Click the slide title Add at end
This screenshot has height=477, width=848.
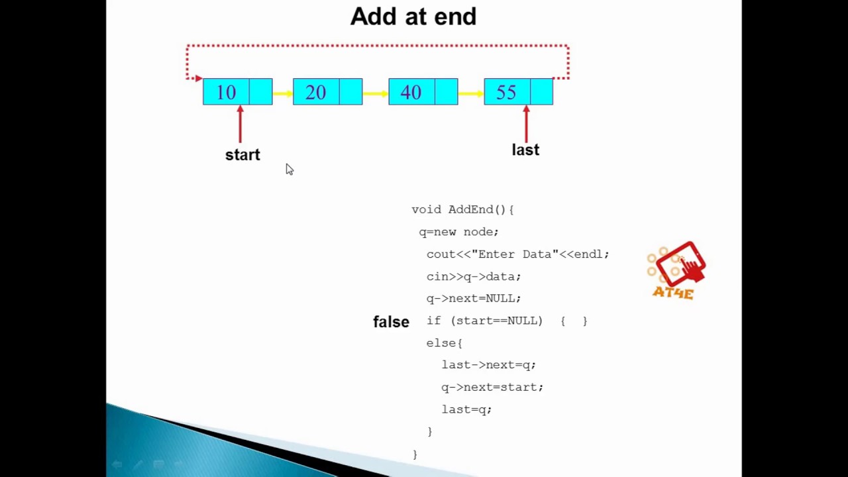point(413,17)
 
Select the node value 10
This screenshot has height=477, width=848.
point(226,92)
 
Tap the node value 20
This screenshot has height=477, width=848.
point(316,92)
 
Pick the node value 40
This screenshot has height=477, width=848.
point(411,92)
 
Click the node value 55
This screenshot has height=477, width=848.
point(506,92)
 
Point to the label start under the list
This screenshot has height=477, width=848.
point(242,155)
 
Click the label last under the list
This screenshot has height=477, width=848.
point(525,150)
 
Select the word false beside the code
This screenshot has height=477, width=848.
point(391,322)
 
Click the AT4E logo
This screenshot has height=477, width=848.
point(676,271)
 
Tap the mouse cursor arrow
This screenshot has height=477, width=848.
point(289,170)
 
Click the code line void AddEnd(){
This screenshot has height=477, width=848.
point(462,209)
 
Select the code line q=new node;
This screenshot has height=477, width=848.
point(458,232)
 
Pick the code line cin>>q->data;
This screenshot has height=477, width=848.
point(474,276)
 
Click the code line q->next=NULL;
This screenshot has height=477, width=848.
point(474,298)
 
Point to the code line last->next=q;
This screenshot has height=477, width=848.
point(488,365)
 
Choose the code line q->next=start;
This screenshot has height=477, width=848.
point(492,387)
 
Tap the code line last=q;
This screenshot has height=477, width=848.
point(466,409)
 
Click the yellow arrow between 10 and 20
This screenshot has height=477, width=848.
point(283,94)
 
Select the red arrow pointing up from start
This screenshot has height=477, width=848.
point(240,124)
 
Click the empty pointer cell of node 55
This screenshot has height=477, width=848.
point(542,92)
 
